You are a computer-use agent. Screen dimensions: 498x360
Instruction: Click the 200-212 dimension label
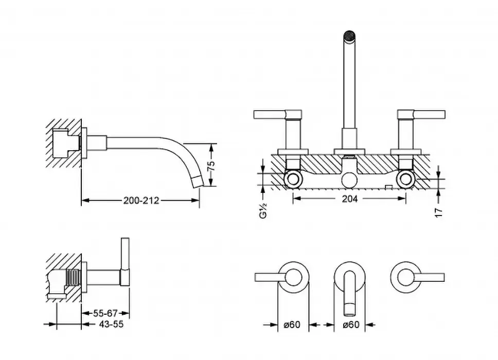[141, 201]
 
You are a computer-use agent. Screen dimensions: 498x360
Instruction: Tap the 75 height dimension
[211, 166]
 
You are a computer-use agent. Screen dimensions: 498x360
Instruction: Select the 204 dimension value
[349, 199]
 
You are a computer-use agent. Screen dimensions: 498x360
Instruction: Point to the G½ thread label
[263, 210]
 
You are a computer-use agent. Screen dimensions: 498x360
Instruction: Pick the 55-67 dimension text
[105, 313]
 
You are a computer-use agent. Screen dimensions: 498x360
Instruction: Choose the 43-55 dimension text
[111, 324]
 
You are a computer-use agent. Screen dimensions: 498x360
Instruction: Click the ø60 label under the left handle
[292, 325]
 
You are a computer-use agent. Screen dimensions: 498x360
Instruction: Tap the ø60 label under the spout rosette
[351, 325]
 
